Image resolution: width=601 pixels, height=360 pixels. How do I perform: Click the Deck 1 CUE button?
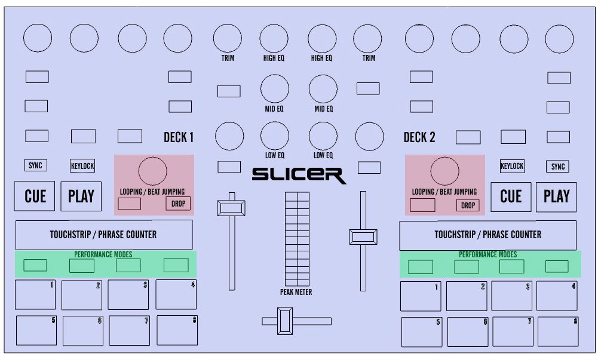[x=35, y=196]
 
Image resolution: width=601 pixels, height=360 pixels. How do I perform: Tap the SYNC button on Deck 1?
[x=35, y=165]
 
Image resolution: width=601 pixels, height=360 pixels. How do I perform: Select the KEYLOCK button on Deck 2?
[x=512, y=167]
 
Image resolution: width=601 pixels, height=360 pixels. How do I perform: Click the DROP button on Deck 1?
[x=178, y=204]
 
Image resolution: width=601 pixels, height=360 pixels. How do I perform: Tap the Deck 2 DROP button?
[x=468, y=205]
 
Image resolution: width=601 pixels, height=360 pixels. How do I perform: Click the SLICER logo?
[x=299, y=175]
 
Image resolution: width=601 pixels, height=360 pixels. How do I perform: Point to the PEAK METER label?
[x=296, y=292]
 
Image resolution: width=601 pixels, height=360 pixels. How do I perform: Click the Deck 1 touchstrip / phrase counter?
[x=103, y=235]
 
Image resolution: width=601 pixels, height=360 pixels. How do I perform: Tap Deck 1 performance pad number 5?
[x=36, y=330]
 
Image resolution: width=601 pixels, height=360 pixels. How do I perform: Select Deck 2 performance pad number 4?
[x=557, y=296]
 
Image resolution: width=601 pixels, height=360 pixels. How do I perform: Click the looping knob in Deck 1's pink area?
[x=153, y=171]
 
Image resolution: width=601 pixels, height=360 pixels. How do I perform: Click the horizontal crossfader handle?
[x=285, y=321]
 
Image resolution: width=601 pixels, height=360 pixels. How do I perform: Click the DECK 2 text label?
[x=419, y=138]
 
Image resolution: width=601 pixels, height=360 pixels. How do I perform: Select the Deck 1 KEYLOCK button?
[x=82, y=166]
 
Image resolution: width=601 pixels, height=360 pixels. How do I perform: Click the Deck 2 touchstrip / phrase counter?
[x=487, y=235]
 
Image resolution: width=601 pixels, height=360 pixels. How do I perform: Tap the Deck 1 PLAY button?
[x=81, y=196]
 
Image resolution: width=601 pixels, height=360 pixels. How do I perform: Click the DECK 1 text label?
[x=179, y=138]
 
